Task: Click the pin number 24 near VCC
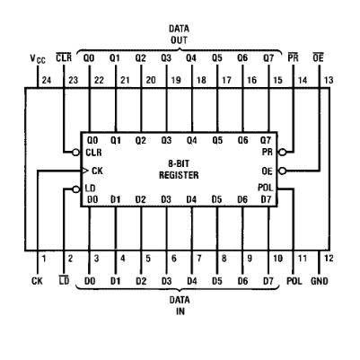(47, 80)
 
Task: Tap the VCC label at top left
(38, 59)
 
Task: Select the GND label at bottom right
(320, 281)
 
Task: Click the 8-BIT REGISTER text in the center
(179, 170)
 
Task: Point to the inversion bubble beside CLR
(76, 153)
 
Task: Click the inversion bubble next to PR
(282, 153)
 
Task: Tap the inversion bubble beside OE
(282, 171)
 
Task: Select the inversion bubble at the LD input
(76, 189)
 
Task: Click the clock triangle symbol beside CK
(85, 171)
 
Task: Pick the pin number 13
(329, 80)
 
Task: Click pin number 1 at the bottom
(44, 259)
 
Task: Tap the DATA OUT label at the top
(179, 34)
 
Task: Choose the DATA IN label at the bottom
(180, 305)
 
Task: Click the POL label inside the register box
(266, 188)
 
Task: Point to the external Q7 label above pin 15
(268, 57)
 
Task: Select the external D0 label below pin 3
(90, 281)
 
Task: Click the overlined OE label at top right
(318, 57)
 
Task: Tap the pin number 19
(176, 80)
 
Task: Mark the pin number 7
(199, 259)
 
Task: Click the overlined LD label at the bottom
(64, 280)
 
